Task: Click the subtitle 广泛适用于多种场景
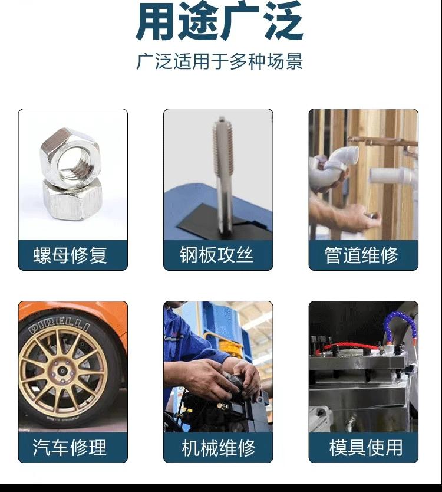pyautogui.click(x=219, y=61)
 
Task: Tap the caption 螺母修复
pyautogui.click(x=70, y=255)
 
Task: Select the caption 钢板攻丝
pyautogui.click(x=217, y=254)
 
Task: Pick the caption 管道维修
pyautogui.click(x=361, y=255)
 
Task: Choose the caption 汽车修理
pyautogui.click(x=70, y=447)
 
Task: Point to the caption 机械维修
pyautogui.click(x=219, y=448)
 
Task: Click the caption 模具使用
pyautogui.click(x=365, y=447)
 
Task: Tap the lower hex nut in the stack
pyautogui.click(x=71, y=200)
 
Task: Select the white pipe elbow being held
pyautogui.click(x=340, y=160)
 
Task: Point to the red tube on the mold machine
pyautogui.click(x=345, y=346)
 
